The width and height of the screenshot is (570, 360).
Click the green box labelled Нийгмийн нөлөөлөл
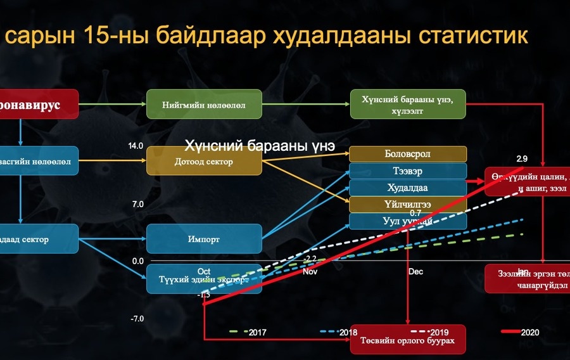click(204, 104)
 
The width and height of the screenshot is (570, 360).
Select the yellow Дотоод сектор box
click(204, 162)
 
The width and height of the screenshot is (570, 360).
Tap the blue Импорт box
click(204, 240)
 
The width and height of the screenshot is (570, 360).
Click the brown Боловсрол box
click(408, 154)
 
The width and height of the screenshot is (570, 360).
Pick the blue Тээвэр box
click(408, 171)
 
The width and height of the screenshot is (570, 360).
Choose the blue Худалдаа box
click(408, 188)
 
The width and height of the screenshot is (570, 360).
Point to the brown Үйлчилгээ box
click(408, 204)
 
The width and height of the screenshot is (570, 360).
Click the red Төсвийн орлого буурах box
click(408, 339)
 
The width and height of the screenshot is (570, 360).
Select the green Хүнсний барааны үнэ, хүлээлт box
click(408, 104)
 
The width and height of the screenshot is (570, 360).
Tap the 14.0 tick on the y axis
click(136, 146)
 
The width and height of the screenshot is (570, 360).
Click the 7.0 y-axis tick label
click(137, 204)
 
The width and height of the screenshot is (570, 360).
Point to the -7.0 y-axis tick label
click(137, 319)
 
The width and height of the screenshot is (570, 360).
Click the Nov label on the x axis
click(310, 272)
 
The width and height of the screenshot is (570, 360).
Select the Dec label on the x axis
click(415, 272)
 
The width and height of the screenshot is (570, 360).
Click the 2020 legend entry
click(529, 332)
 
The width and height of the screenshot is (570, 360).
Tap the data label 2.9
click(522, 158)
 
